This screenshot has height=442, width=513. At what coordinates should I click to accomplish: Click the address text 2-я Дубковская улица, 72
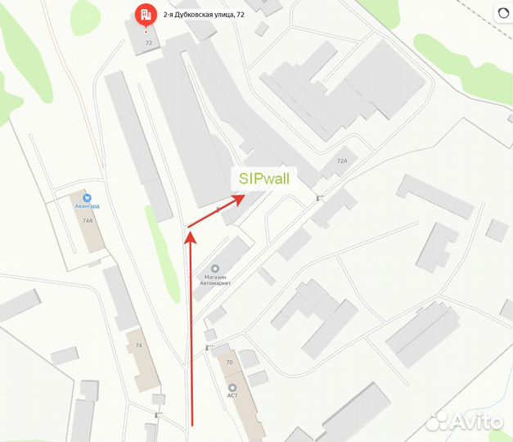203,14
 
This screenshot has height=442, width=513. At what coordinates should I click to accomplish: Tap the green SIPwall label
264,178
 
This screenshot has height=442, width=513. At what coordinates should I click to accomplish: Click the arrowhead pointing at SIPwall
238,198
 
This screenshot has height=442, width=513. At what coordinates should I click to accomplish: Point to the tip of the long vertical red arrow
190,235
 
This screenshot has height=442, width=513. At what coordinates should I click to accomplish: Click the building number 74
138,345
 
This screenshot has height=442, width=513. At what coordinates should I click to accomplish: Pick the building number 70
229,362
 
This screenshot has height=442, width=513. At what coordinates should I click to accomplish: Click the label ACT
232,396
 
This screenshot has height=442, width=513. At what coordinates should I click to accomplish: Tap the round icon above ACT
232,386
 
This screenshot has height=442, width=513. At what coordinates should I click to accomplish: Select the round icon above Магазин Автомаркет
214,268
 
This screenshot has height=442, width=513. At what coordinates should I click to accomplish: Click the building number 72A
342,161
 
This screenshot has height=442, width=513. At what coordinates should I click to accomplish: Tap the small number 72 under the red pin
147,42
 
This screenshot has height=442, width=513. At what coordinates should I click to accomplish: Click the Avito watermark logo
465,421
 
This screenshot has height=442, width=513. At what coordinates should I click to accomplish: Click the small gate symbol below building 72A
319,197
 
